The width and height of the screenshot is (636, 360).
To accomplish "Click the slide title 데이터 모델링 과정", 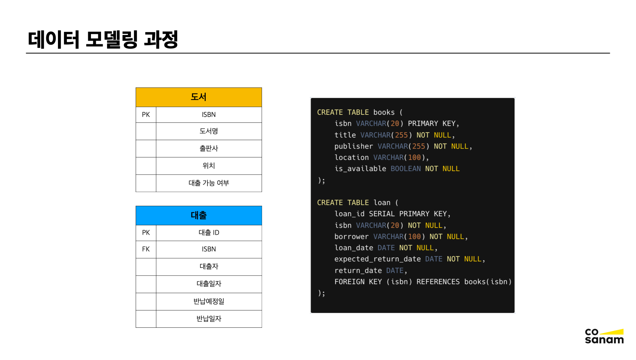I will coord(103,39).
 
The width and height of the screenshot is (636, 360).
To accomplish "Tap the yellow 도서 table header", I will coord(198,97).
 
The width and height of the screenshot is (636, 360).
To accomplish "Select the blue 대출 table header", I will coord(198,215).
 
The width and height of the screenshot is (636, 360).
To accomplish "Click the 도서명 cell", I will coord(209,131).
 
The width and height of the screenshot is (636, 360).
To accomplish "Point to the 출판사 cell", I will coord(209,149).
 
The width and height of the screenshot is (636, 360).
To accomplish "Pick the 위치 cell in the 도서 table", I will coord(209,166).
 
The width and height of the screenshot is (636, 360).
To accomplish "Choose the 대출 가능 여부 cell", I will coord(209,183).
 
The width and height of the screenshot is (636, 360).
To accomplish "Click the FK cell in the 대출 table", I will coord(146,249).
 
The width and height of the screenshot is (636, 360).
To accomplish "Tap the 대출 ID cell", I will coord(209,233).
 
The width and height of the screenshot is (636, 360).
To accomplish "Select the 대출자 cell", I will coord(209,267).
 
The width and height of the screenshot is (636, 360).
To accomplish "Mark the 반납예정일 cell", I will coord(209,301).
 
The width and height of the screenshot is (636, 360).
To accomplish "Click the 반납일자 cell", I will coord(209,319).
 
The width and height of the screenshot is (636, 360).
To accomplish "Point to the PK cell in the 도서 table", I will coord(146,115).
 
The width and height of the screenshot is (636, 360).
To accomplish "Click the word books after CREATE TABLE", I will coord(384,112).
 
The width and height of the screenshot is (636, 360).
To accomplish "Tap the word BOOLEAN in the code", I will coord(405,169).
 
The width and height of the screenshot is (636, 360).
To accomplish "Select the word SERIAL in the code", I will coord(382,214).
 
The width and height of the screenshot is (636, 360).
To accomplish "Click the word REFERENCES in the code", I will coord(438,282).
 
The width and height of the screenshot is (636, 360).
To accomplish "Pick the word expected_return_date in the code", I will coord(378,259).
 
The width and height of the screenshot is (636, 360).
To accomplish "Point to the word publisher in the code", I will coord(353,146).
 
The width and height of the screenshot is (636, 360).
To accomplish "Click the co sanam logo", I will coord(604,336).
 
